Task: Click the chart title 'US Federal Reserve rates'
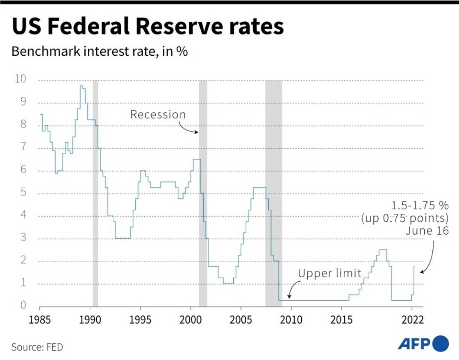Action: tap(148, 27)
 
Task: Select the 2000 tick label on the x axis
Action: tap(191, 318)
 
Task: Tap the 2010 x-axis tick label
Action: tap(291, 318)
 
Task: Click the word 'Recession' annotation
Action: tap(158, 114)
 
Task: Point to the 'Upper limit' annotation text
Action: tap(329, 273)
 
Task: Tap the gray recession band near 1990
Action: tap(95, 192)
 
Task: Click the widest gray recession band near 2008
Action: tap(273, 192)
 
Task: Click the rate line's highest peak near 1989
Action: tap(82, 86)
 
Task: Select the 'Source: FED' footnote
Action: tap(37, 347)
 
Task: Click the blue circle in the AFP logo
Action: tap(441, 342)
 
